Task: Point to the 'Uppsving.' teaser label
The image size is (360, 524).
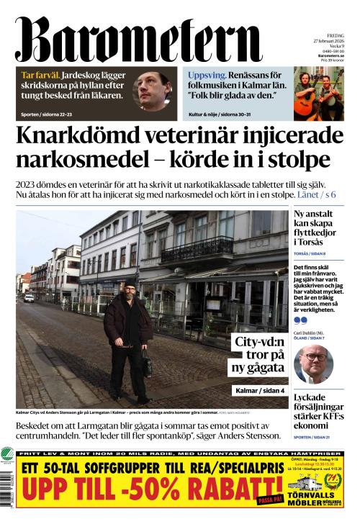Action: (206, 75)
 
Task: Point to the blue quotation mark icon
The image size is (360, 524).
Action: (300, 320)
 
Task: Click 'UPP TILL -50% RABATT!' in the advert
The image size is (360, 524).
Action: (137, 497)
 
